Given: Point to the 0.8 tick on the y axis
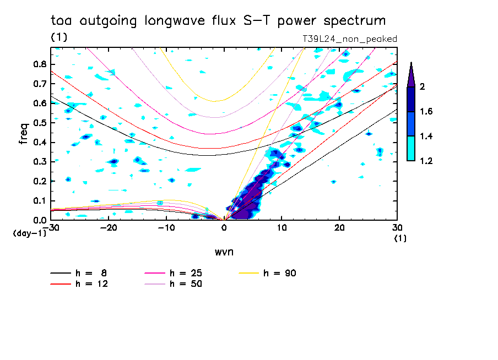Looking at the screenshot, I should tap(39, 64).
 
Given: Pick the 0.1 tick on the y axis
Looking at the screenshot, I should tap(39, 201).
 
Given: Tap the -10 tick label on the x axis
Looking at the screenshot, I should tap(165, 227).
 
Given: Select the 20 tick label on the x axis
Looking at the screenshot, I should tap(339, 227).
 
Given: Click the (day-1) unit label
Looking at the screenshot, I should tap(29, 234).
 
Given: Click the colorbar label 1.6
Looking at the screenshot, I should tap(426, 112).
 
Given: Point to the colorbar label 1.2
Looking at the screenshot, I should tap(426, 161).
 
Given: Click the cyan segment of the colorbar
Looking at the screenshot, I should tap(411, 149).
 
